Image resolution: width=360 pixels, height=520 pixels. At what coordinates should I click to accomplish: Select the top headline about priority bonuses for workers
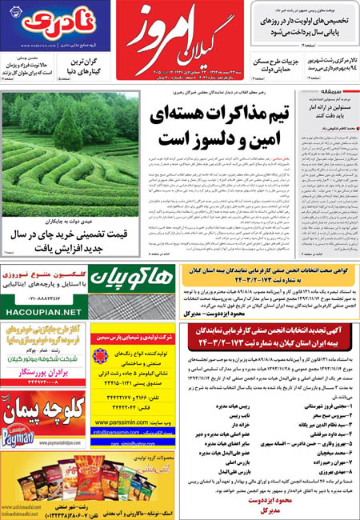coord(304,22)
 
